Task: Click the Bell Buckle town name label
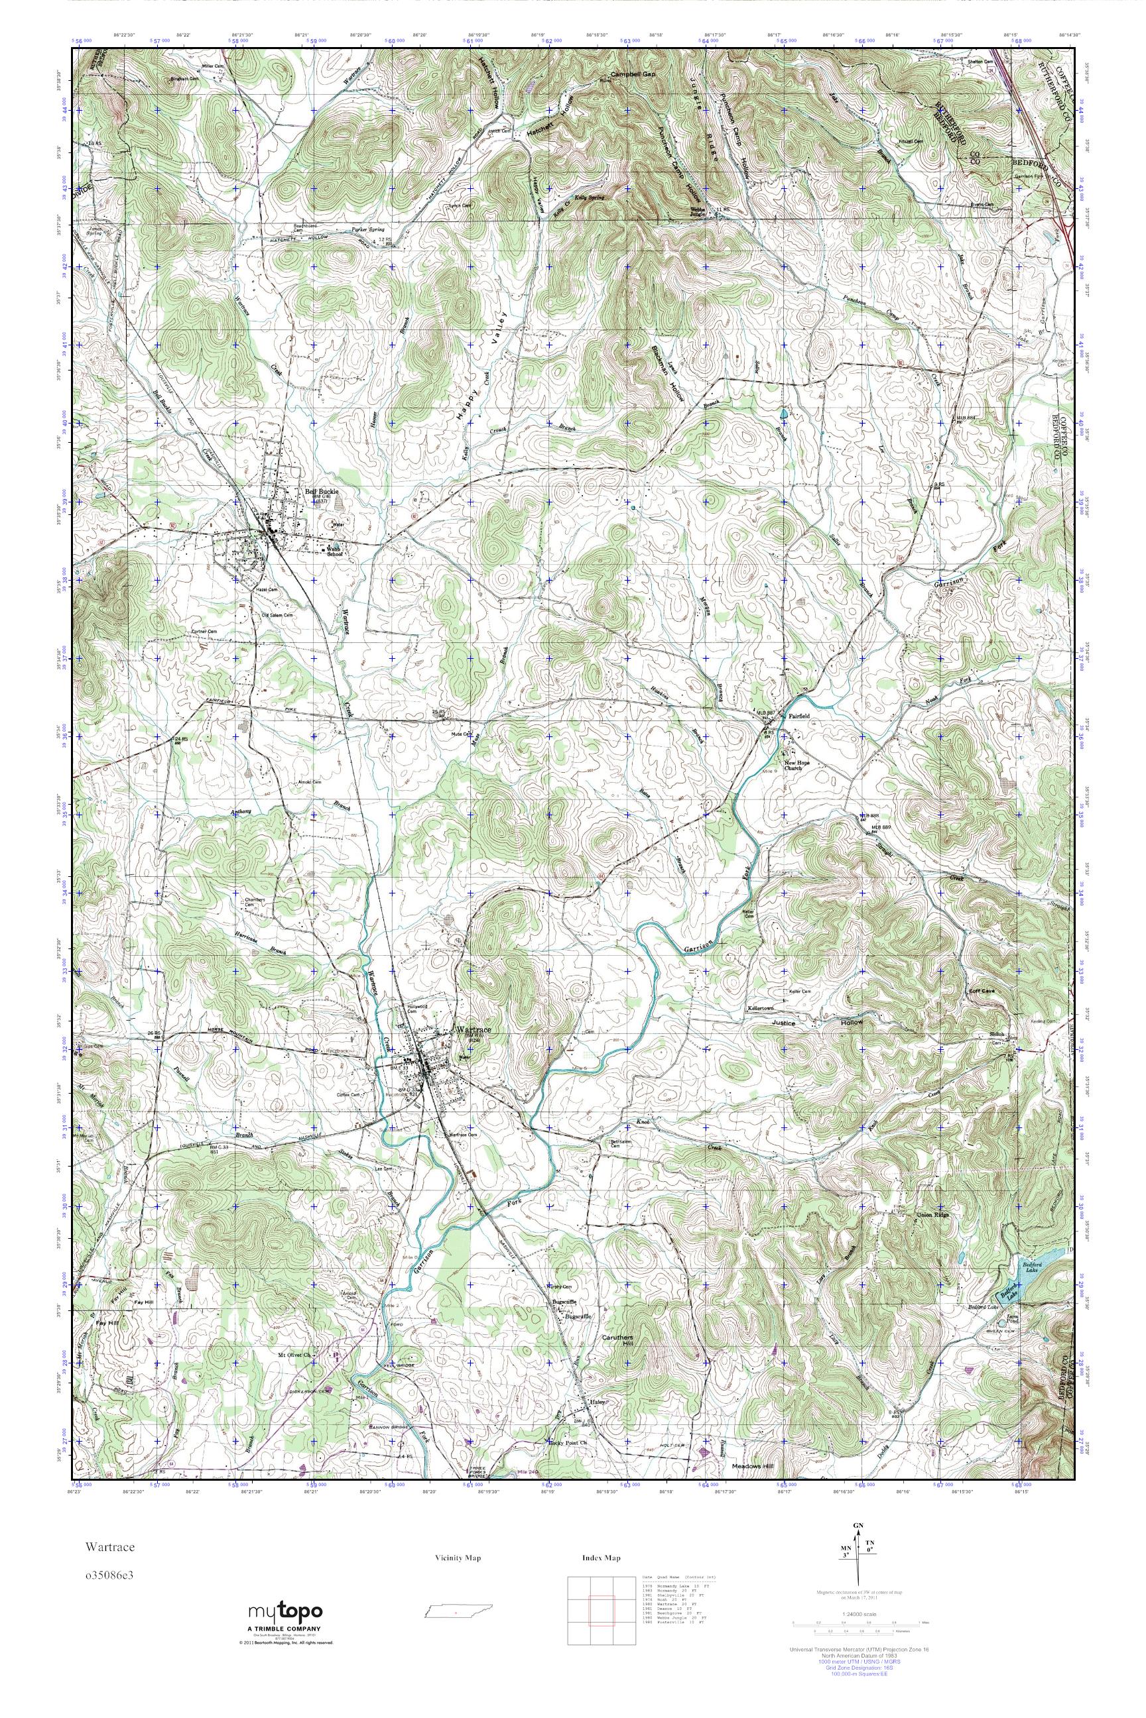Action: coord(318,492)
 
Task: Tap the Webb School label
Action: coord(334,551)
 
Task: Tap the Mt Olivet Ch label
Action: coord(294,1355)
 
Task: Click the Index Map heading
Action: coord(602,1558)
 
